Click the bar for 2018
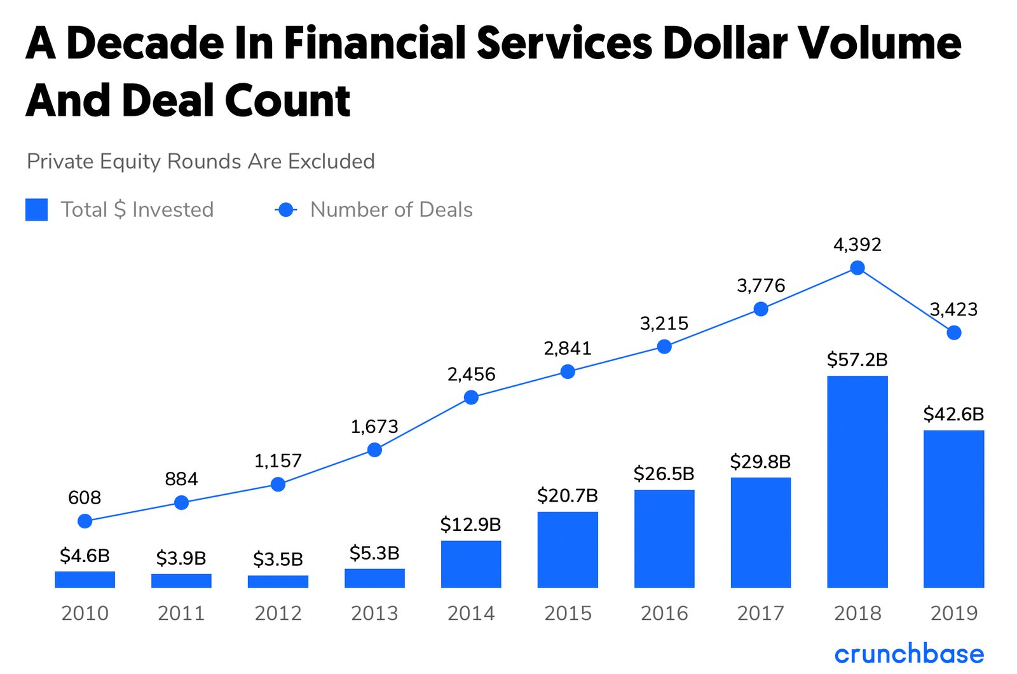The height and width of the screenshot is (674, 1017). [857, 481]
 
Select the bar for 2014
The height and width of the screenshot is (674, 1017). [471, 564]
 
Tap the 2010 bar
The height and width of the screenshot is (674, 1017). [85, 579]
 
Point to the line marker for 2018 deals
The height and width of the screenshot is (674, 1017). [857, 268]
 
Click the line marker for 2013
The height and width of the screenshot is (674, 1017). [374, 450]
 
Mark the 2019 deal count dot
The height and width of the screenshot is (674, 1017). [953, 333]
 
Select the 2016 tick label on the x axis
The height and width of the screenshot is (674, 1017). [664, 613]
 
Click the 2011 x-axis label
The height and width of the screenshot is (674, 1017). [181, 613]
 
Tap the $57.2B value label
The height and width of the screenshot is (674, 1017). [857, 360]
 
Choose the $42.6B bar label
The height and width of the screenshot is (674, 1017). [953, 415]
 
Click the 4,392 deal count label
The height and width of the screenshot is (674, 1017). [857, 245]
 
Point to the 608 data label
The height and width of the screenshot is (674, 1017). [85, 497]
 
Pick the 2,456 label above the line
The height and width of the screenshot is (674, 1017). [471, 374]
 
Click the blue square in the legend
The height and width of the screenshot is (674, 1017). [36, 210]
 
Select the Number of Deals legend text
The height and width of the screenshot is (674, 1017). [391, 210]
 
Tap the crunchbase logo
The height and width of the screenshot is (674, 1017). [908, 654]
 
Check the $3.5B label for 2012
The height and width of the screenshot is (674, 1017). [278, 560]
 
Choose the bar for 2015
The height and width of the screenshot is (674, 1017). [568, 549]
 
